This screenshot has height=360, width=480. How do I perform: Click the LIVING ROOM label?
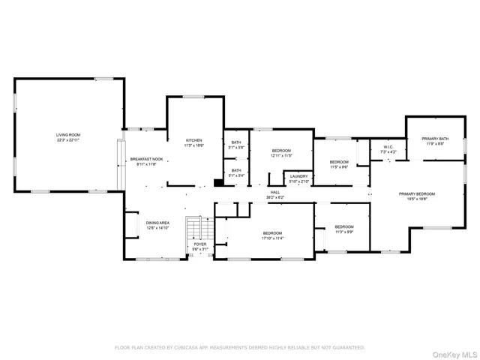tap(67, 135)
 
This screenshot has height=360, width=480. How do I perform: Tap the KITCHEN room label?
tap(194, 140)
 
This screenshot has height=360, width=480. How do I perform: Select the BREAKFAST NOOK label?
tap(146, 159)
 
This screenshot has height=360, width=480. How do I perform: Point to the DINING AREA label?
tap(157, 223)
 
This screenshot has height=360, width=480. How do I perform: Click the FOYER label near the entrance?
tap(200, 244)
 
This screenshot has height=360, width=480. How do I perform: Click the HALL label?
tap(275, 192)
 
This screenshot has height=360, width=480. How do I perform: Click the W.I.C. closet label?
tap(388, 147)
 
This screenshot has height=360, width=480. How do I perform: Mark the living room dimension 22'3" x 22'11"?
tap(67, 140)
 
